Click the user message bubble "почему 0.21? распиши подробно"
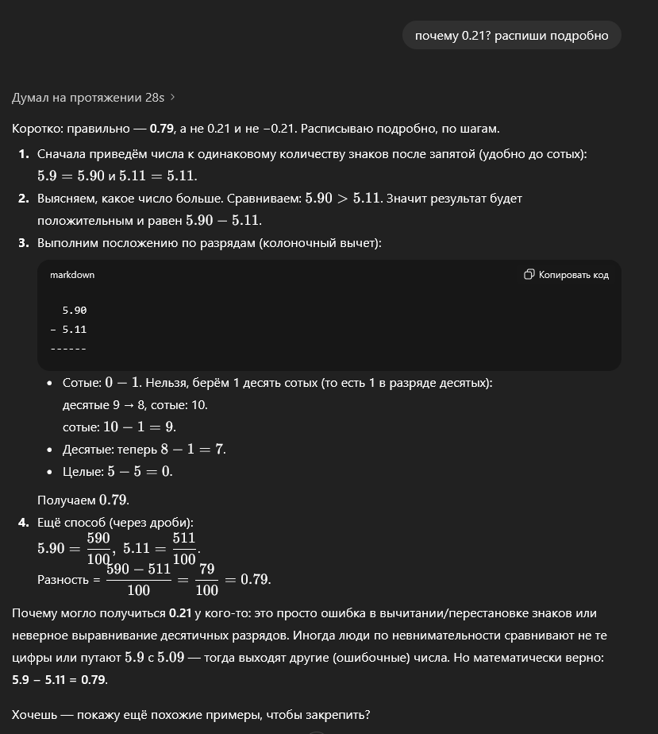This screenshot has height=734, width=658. point(511,35)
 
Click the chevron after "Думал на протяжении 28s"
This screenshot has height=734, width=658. point(173,97)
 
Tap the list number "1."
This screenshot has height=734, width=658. point(24,154)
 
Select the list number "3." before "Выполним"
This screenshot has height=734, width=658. point(24,242)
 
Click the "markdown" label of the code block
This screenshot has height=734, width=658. point(72,275)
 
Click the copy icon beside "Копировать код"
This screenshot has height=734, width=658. point(529,275)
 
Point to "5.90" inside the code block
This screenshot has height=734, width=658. point(75,311)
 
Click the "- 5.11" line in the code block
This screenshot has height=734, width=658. point(68,329)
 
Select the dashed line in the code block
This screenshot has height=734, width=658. point(68,348)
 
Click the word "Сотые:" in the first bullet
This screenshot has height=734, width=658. point(82,383)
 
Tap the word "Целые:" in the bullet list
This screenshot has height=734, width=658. point(83,472)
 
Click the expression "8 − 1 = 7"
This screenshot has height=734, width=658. point(193,450)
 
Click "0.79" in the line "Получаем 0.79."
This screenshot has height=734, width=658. point(113,500)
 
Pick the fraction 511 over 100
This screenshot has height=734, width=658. point(183,548)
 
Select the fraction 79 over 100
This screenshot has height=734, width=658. point(206,579)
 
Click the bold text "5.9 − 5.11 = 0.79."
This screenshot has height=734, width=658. point(60,680)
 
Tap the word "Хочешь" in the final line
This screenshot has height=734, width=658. point(35,715)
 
